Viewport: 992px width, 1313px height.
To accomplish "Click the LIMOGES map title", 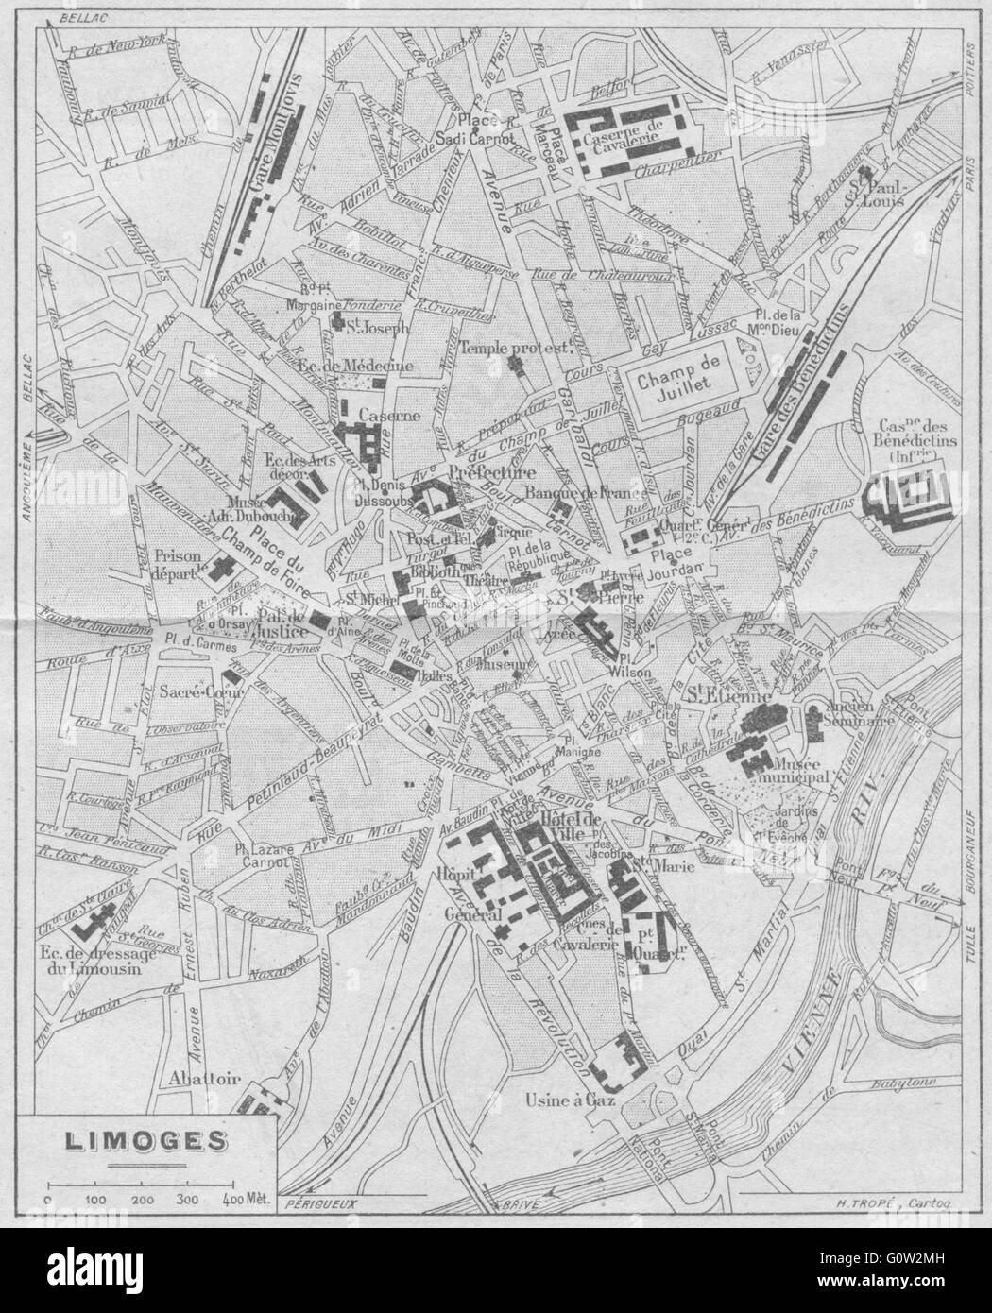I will click(x=145, y=1140).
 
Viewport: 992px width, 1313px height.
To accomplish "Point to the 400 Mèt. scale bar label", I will click(x=244, y=1199).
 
